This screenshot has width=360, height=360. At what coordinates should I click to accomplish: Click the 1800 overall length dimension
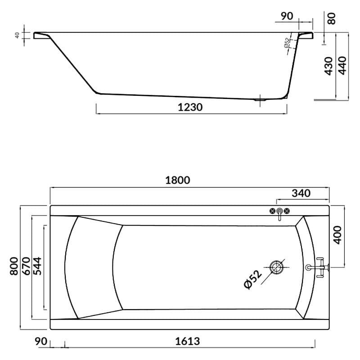click(178, 180)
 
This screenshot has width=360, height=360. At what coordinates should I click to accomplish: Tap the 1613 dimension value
click(187, 341)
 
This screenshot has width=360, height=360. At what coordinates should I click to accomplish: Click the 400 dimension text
click(338, 234)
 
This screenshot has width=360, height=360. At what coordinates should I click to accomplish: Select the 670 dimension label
click(26, 265)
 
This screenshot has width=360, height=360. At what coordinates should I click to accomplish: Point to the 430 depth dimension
click(329, 66)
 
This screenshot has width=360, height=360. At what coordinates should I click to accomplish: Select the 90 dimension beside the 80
click(287, 16)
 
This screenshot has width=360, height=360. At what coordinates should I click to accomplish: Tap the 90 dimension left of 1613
click(41, 341)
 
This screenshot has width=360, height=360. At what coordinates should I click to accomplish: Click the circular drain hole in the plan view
click(276, 267)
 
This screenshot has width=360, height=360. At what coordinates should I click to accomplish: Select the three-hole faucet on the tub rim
click(279, 212)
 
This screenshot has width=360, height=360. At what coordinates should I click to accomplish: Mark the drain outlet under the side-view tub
click(260, 100)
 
